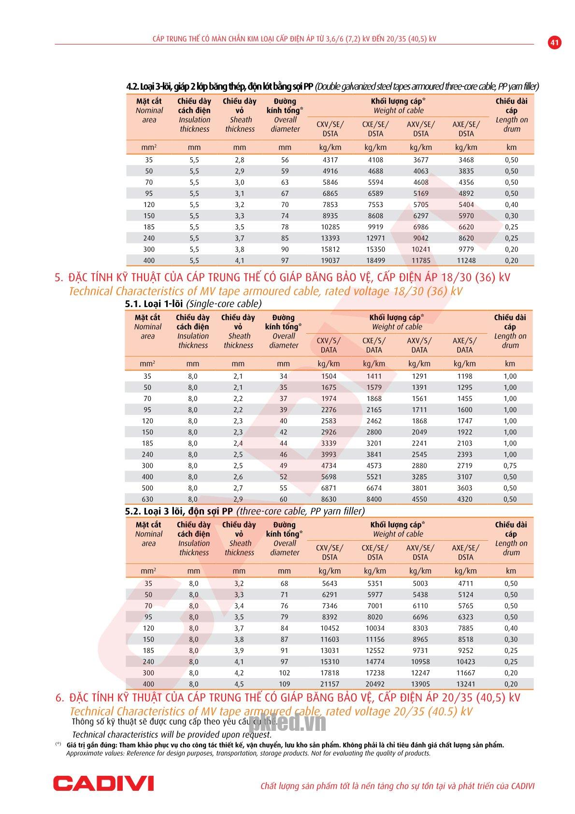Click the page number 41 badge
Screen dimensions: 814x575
554,43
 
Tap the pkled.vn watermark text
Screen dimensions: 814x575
287,724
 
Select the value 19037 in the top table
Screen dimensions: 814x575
330,261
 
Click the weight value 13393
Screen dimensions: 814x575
330,238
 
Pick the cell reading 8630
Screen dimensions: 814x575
329,499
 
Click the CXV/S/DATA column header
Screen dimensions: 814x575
329,345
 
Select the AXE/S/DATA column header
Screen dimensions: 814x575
465,345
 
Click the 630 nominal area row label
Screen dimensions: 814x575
147,499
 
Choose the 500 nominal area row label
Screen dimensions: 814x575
147,488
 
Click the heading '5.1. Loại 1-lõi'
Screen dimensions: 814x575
154,304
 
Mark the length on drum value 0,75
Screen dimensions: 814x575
510,466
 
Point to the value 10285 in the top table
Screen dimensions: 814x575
330,227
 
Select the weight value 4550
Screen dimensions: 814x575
419,499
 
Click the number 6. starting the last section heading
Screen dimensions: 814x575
60,698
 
